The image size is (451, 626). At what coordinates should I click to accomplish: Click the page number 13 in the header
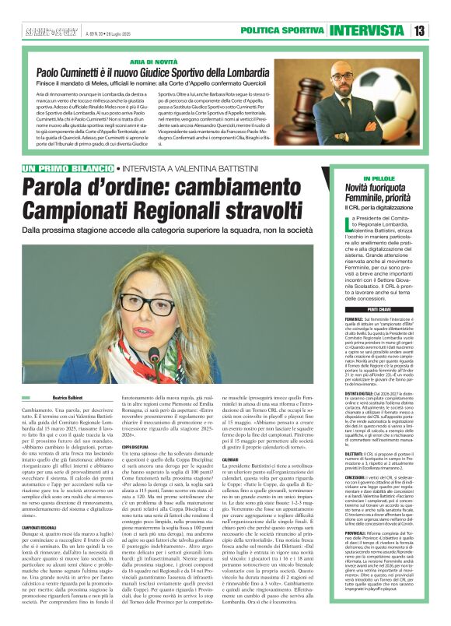tap(419, 30)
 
